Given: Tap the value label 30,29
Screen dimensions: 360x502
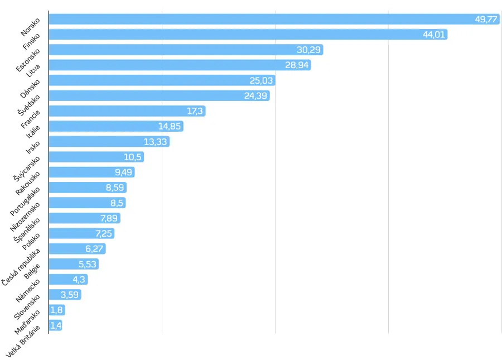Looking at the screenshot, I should pos(308,50).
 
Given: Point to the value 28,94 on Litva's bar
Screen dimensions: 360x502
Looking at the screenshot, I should pos(297,65).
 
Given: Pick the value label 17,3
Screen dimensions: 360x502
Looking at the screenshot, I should pos(195,111).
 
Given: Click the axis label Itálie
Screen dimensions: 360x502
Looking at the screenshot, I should pos(33,132).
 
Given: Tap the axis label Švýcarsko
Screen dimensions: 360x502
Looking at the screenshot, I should pos(26,168).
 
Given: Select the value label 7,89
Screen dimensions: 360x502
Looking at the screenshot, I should pos(109,218).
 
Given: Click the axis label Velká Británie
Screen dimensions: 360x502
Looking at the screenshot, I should pos(22,341).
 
